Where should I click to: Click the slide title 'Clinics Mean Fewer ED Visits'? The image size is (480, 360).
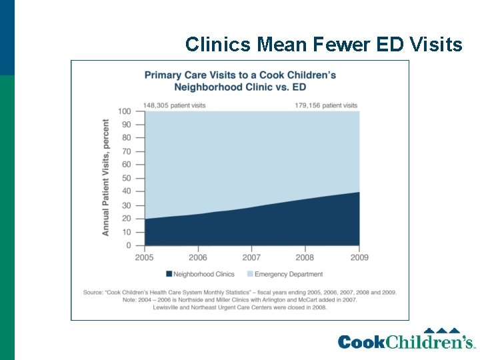coord(323,45)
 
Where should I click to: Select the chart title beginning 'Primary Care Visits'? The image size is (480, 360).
coord(240,80)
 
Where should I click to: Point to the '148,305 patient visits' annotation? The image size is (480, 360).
coord(174,105)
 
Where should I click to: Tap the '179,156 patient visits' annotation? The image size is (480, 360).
coord(326,105)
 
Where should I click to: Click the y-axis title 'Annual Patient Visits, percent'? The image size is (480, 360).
coord(105,177)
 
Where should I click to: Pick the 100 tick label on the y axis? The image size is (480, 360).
coord(124,111)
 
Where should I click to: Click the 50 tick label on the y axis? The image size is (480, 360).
coord(126,179)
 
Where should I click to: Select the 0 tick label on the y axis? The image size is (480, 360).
coord(128,246)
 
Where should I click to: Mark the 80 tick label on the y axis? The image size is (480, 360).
coord(126,138)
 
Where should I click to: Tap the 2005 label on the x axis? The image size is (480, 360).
coord(145,257)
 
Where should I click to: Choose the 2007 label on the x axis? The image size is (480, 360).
coord(251,257)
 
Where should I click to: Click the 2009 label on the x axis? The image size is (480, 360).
coord(359,257)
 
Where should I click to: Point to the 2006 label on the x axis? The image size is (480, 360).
coord(198,257)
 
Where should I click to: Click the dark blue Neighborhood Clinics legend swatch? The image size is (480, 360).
coord(169,274)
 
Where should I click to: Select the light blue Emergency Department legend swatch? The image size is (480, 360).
coord(250,274)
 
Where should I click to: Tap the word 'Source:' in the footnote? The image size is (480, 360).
coord(93,292)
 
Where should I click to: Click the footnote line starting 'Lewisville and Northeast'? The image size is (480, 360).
coord(240,307)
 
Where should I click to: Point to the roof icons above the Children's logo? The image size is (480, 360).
coord(442,331)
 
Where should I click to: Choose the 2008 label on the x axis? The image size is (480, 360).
coord(305,257)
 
